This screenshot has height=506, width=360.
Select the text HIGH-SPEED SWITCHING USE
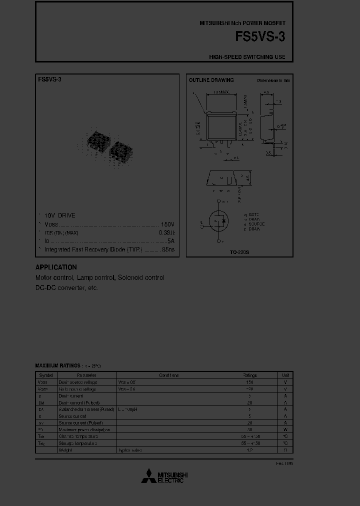click(247, 57)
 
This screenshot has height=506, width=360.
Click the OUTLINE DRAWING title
click(211, 80)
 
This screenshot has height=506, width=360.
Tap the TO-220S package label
click(239, 252)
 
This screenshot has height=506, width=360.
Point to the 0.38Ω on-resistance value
click(166, 232)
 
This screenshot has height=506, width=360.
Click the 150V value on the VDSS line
click(166, 224)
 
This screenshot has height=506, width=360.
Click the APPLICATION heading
click(56, 267)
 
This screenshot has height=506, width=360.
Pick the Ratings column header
click(249, 375)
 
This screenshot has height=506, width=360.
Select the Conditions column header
click(168, 375)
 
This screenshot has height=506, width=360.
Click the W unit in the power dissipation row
click(285, 429)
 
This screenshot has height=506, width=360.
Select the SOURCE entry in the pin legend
click(256, 224)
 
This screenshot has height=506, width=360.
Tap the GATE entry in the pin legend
click(253, 214)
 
